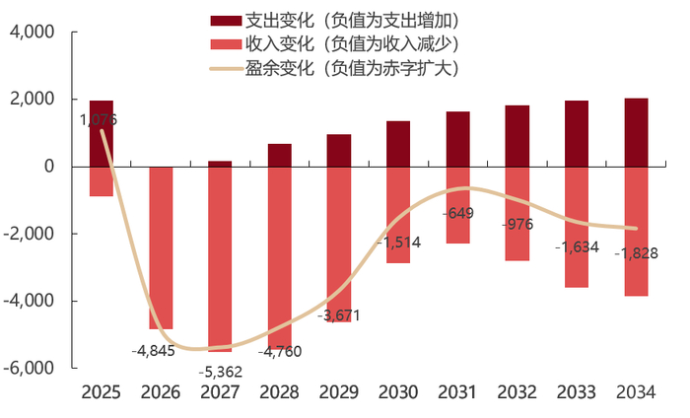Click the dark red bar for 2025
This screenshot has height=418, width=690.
click(x=102, y=133)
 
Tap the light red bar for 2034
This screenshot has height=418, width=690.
click(x=636, y=231)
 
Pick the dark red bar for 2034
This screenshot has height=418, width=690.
click(x=636, y=132)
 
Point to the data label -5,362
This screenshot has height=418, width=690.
click(x=220, y=372)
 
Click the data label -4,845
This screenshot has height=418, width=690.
click(x=152, y=349)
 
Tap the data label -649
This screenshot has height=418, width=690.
click(x=458, y=213)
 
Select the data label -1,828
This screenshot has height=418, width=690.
click(x=636, y=253)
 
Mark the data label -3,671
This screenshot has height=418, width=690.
click(x=339, y=315)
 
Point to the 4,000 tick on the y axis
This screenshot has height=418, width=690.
click(x=33, y=33)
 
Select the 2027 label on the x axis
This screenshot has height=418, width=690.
click(x=220, y=392)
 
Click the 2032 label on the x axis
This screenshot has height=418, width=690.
click(x=517, y=392)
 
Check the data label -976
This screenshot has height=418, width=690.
click(x=516, y=224)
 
